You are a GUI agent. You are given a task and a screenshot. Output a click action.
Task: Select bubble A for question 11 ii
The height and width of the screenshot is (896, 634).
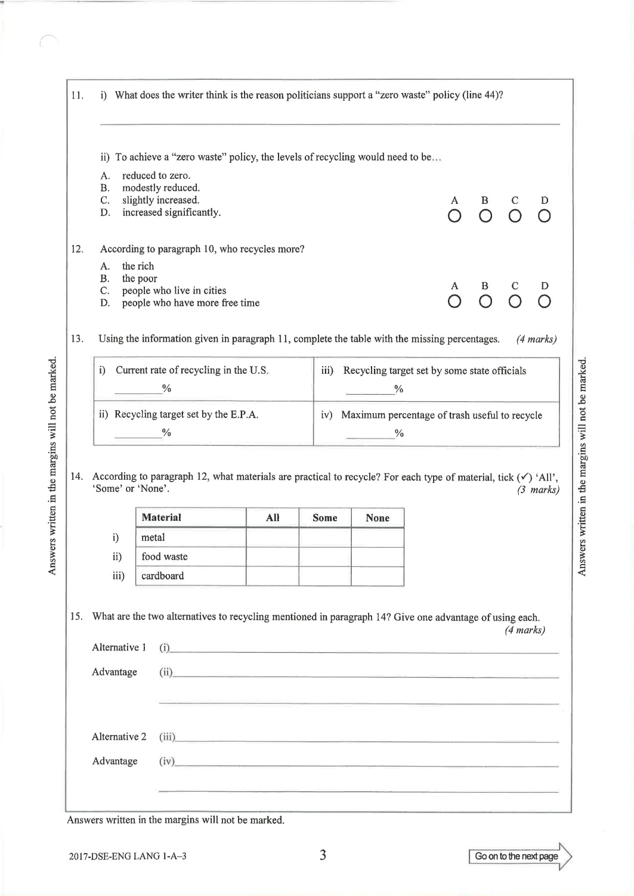[454, 216]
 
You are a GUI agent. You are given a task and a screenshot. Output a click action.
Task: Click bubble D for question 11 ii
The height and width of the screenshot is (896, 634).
[544, 216]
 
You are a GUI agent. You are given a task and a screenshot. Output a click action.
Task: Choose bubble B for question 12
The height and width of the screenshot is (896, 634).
[485, 302]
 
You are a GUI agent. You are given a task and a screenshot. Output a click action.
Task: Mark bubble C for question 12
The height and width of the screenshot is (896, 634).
[515, 302]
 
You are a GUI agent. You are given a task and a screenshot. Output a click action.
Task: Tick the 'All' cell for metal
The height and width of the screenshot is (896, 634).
[273, 538]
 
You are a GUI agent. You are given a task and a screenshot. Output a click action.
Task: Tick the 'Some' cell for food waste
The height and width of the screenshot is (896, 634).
[325, 557]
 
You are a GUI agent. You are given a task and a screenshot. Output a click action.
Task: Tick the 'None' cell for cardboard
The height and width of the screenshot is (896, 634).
[378, 576]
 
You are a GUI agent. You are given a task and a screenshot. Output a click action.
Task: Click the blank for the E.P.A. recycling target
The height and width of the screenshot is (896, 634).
[138, 433]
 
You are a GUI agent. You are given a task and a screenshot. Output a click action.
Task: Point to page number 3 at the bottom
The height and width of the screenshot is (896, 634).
[323, 855]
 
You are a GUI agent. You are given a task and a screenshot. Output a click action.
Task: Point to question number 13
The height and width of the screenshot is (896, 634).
[77, 339]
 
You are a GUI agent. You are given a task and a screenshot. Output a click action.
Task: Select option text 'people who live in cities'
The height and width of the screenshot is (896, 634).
[174, 291]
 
